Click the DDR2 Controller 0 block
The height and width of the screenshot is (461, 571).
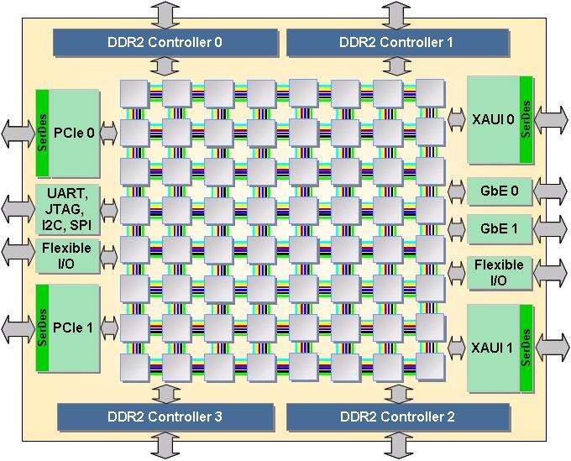[165, 40]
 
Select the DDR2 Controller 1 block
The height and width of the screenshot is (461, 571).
[397, 40]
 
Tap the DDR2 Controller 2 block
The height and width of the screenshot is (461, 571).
[397, 416]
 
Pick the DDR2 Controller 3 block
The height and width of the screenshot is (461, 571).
[165, 416]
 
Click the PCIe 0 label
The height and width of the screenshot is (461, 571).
[73, 131]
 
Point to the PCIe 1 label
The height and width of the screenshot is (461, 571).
[73, 327]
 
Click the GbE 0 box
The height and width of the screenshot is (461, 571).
[499, 191]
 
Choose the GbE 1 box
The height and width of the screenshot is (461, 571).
[499, 228]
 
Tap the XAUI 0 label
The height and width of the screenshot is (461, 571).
[492, 119]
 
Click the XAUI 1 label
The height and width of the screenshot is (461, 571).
[492, 347]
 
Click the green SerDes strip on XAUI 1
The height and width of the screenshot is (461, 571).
[526, 347]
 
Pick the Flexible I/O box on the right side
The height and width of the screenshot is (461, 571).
[499, 272]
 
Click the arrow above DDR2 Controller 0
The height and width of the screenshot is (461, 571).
[165, 14]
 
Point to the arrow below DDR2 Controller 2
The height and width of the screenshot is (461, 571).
[397, 444]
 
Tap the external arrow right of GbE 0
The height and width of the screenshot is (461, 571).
[552, 191]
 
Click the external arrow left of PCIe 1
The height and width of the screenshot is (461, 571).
[16, 327]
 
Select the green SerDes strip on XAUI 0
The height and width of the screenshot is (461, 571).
[526, 119]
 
